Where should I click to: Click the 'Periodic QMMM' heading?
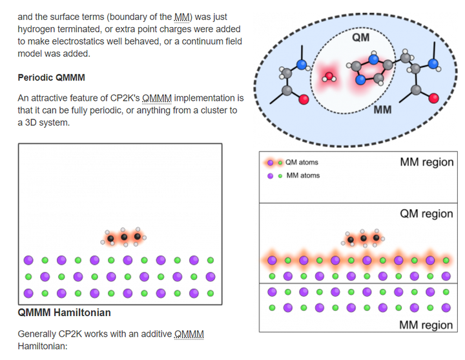[51, 77]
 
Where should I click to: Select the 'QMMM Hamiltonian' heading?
[64, 313]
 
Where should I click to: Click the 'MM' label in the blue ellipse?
[382, 110]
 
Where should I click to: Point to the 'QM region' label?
[426, 214]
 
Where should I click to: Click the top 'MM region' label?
[426, 163]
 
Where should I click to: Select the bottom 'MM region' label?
[426, 325]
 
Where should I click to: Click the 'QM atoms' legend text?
[302, 163]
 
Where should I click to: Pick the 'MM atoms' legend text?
[303, 175]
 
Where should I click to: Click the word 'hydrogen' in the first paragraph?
[39, 29]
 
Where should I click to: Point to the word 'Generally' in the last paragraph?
[40, 334]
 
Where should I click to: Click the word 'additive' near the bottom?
[151, 334]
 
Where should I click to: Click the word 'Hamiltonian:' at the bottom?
[42, 346]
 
